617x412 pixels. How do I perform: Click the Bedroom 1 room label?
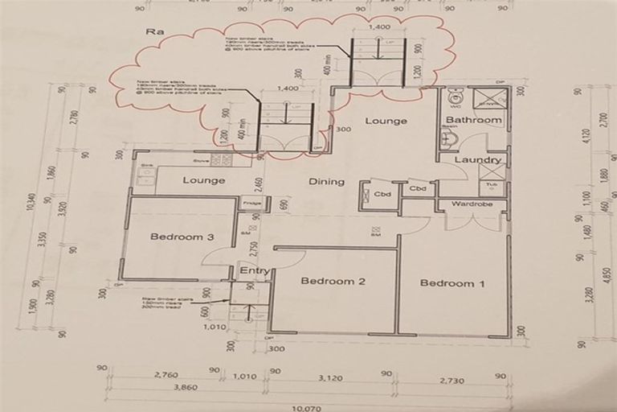tap(452, 283)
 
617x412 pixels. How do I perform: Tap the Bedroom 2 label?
tap(333, 281)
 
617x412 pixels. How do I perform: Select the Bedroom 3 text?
tap(182, 237)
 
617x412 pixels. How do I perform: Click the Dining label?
tap(326, 182)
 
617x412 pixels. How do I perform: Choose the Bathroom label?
tap(474, 121)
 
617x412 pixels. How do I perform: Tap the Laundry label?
tap(477, 160)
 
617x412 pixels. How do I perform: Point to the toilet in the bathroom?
tap(454, 97)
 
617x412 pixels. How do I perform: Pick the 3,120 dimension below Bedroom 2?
tap(331, 377)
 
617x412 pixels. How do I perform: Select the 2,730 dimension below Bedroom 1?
tap(452, 377)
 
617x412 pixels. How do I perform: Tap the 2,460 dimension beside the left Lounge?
tap(259, 183)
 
